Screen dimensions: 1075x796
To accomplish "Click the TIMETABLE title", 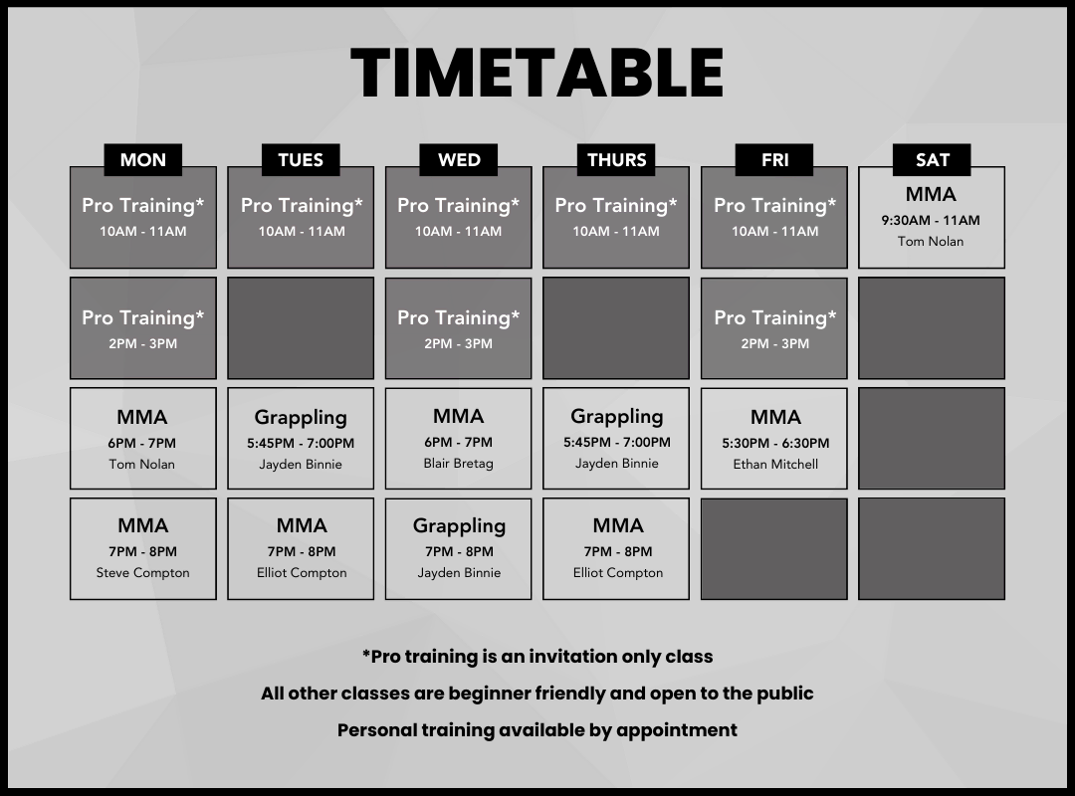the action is pyautogui.click(x=537, y=73).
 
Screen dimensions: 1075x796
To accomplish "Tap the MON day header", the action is pyautogui.click(x=142, y=160).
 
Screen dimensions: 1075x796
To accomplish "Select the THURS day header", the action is pyautogui.click(x=616, y=160).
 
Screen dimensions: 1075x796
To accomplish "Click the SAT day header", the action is pyautogui.click(x=932, y=160).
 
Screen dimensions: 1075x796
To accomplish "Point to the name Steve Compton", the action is pyautogui.click(x=142, y=572).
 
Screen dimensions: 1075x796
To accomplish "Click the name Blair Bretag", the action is pyautogui.click(x=458, y=464).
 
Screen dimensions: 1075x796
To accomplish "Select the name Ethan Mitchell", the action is pyautogui.click(x=775, y=464).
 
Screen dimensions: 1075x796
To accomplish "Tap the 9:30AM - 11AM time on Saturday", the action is pyautogui.click(x=931, y=220).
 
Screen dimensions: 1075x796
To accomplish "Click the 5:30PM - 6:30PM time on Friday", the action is pyautogui.click(x=775, y=443).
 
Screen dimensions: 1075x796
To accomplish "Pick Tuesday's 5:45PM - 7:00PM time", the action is pyautogui.click(x=301, y=443).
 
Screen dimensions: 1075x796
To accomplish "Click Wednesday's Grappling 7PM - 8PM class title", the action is pyautogui.click(x=459, y=526).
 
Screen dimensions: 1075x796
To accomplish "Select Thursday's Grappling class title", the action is pyautogui.click(x=616, y=416).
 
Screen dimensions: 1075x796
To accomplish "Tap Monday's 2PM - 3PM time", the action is pyautogui.click(x=142, y=343).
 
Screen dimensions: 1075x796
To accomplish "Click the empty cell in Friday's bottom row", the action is pyautogui.click(x=774, y=548).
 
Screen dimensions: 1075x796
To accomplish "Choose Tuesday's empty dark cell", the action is pyautogui.click(x=301, y=327).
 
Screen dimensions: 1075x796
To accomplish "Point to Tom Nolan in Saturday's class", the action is pyautogui.click(x=931, y=242).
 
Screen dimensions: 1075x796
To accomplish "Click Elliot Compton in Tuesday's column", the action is pyautogui.click(x=302, y=572).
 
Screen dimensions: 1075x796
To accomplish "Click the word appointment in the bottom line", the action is pyautogui.click(x=677, y=731).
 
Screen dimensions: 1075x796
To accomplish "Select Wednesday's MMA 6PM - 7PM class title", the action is pyautogui.click(x=458, y=416).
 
